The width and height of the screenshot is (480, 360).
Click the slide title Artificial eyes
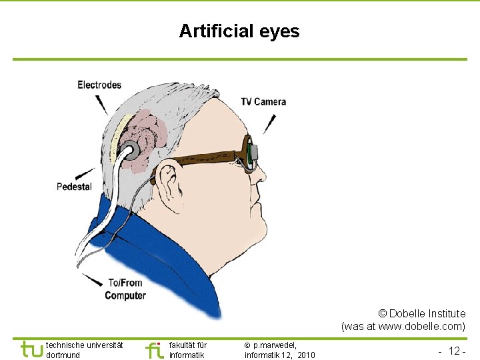click(x=239, y=31)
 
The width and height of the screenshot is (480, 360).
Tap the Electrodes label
click(x=99, y=85)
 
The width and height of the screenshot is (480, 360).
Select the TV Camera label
click(x=263, y=102)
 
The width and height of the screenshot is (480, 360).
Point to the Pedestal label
click(x=74, y=187)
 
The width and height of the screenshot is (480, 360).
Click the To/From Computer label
click(x=125, y=289)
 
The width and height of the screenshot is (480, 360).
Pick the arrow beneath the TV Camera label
click(x=270, y=123)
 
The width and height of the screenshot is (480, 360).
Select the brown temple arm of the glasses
click(x=200, y=159)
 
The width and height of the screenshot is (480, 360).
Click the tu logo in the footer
click(x=32, y=349)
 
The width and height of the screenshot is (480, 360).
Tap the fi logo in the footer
click(x=154, y=349)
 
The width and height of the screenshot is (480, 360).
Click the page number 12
click(x=456, y=351)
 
